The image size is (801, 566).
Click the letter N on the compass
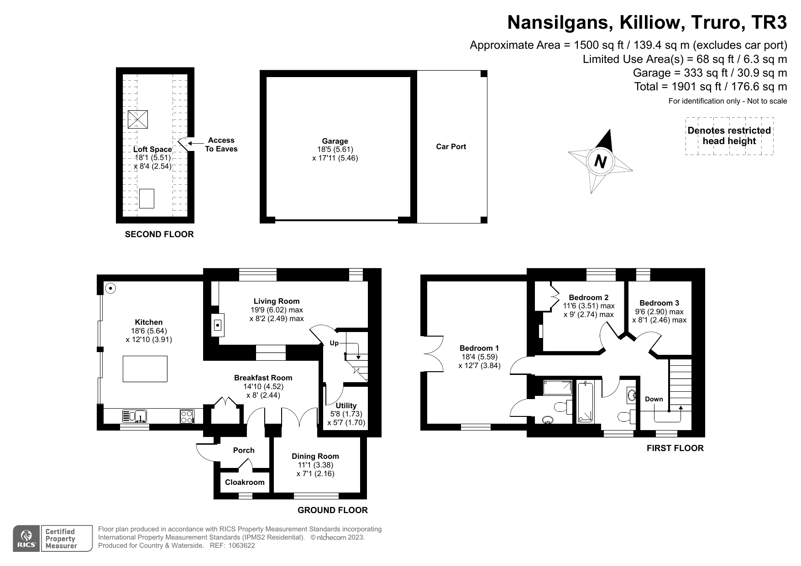(601, 161)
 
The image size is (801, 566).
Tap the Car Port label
(451, 146)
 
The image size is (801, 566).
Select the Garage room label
(335, 141)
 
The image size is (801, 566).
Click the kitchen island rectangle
(145, 369)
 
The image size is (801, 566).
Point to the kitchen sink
(135, 416)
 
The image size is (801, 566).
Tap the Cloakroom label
(245, 482)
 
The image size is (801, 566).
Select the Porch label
(244, 450)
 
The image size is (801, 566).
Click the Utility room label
(346, 405)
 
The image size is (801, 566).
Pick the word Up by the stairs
(334, 343)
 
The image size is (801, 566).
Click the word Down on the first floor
(654, 399)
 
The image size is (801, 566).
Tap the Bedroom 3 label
(659, 303)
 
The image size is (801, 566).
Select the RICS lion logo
(26, 538)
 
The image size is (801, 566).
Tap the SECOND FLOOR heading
(159, 234)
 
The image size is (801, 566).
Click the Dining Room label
(315, 456)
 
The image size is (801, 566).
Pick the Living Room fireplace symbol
(218, 325)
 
